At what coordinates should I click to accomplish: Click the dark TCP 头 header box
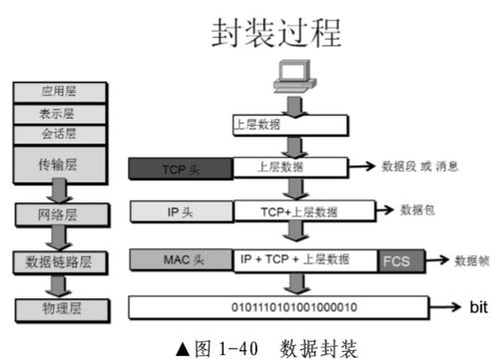tap(180, 167)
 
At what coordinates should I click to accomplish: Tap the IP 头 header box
tap(180, 210)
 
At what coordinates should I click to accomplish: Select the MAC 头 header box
tap(180, 259)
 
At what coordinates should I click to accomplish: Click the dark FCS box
tap(395, 260)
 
